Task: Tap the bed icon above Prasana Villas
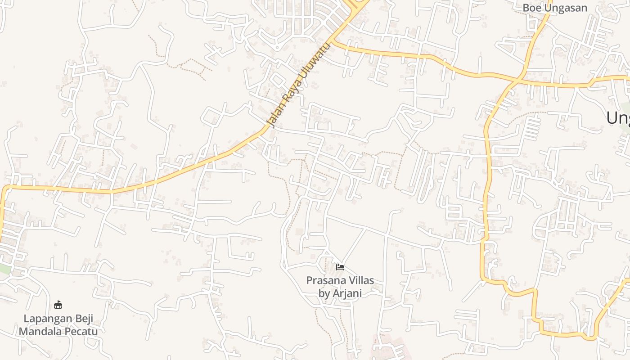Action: [x=340, y=267]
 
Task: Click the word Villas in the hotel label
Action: [x=359, y=281]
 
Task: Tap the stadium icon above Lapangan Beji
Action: [x=58, y=305]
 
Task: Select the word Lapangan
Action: [x=45, y=319]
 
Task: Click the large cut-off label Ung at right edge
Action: [x=617, y=118]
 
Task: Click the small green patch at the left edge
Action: [x=4, y=269]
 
